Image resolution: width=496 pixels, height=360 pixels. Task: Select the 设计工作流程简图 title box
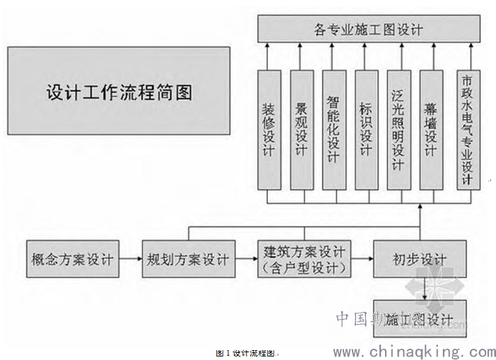(119, 92)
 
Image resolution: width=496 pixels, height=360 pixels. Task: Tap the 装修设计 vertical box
(269, 130)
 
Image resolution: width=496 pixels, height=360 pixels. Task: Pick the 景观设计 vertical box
(302, 130)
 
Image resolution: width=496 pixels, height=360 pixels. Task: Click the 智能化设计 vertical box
(333, 130)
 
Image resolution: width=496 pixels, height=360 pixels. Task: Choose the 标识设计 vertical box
(366, 130)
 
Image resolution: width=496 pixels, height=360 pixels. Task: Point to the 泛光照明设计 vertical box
(398, 130)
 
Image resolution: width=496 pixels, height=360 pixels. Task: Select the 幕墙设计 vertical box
(431, 130)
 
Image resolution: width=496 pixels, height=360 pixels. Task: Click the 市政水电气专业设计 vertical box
(466, 130)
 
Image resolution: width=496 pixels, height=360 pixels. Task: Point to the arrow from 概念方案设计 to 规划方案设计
(130, 259)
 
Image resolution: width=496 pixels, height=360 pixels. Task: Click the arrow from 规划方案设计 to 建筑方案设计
(245, 259)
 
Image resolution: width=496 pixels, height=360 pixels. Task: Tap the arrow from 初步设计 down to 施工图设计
(422, 288)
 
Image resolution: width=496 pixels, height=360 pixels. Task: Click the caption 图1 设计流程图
(247, 352)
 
